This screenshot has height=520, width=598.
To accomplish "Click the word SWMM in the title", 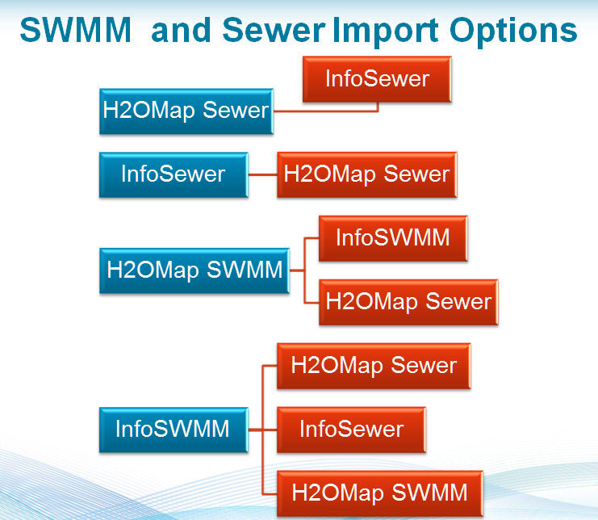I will click(76, 31).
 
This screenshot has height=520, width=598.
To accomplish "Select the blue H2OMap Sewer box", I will click(185, 110).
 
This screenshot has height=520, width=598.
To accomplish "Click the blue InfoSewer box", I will click(173, 174).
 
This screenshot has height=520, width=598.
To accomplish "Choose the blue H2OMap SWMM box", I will click(194, 270).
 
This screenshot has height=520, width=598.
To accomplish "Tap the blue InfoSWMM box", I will click(172, 429).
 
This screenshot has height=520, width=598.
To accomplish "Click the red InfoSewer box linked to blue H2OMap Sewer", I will click(377, 78).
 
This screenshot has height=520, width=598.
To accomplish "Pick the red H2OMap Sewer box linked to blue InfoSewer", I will click(366, 174).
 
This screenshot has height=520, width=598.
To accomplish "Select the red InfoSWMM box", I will click(392, 238).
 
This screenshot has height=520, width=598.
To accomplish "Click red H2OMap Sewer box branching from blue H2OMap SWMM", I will click(408, 301).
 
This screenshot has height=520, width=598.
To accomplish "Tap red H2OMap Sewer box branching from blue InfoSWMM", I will click(373, 365).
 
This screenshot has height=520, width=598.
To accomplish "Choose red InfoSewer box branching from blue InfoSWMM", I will click(351, 429).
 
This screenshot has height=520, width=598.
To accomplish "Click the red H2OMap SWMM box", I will click(378, 492).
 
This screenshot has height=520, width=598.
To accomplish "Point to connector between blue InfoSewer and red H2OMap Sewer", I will click(262, 174).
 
